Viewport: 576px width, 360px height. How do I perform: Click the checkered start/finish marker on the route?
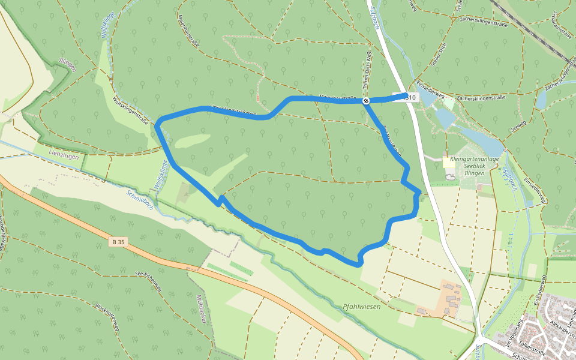click(x=365, y=101)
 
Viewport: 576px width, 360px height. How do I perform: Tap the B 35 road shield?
click(x=119, y=242)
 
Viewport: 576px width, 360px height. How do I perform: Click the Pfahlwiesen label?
click(x=362, y=306)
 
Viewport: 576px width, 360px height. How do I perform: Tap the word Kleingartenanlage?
click(x=474, y=158)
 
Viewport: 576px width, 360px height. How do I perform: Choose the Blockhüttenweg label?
click(x=108, y=316)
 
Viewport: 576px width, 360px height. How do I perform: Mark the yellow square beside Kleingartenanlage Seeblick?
click(x=446, y=162)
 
